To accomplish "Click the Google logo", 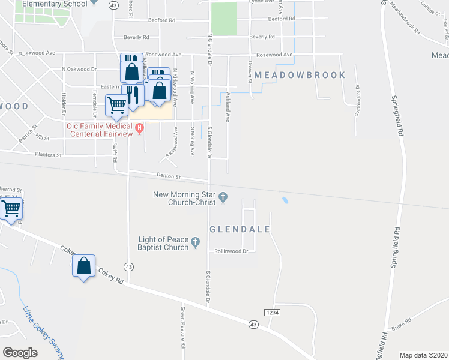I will click(x=20, y=353).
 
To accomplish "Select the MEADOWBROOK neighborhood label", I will click(x=300, y=75).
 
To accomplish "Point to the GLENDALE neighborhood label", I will click(x=240, y=230).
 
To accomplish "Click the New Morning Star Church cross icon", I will click(x=223, y=197).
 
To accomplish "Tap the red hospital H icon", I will click(x=140, y=127).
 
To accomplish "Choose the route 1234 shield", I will click(x=272, y=313).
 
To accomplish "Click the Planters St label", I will click(x=47, y=155).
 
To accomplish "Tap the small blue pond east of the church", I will click(x=285, y=200).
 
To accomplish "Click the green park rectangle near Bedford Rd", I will click(x=224, y=19).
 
